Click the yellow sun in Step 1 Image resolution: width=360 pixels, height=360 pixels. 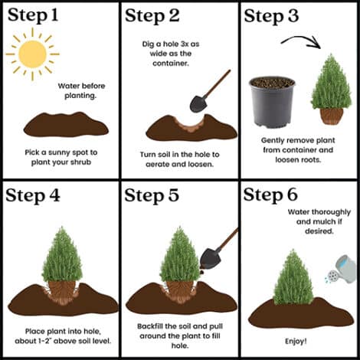(32, 54)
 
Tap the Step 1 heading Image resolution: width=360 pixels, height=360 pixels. (33, 15)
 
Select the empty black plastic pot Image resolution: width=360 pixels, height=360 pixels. (272, 102)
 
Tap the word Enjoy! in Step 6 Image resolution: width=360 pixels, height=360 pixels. (296, 341)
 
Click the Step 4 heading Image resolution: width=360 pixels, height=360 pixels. (33, 196)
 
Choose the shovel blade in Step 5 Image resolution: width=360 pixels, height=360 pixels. (210, 258)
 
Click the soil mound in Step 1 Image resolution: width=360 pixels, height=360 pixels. (66, 125)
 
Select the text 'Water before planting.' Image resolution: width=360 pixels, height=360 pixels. (81, 90)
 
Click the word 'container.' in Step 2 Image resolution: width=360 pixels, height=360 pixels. (171, 64)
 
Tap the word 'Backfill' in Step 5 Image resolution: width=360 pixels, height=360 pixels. (150, 326)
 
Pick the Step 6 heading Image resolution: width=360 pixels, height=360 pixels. (270, 195)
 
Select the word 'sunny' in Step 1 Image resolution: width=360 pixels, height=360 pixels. (59, 153)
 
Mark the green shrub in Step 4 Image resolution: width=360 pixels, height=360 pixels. (62, 254)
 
